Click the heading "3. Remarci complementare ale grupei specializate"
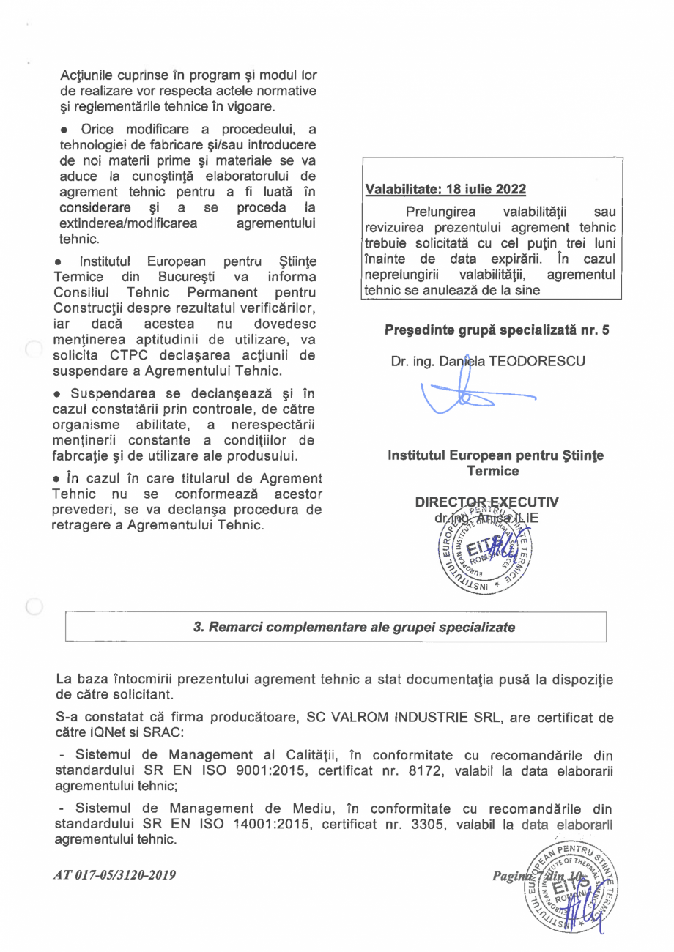click(353, 628)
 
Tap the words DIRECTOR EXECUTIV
click(486, 502)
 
